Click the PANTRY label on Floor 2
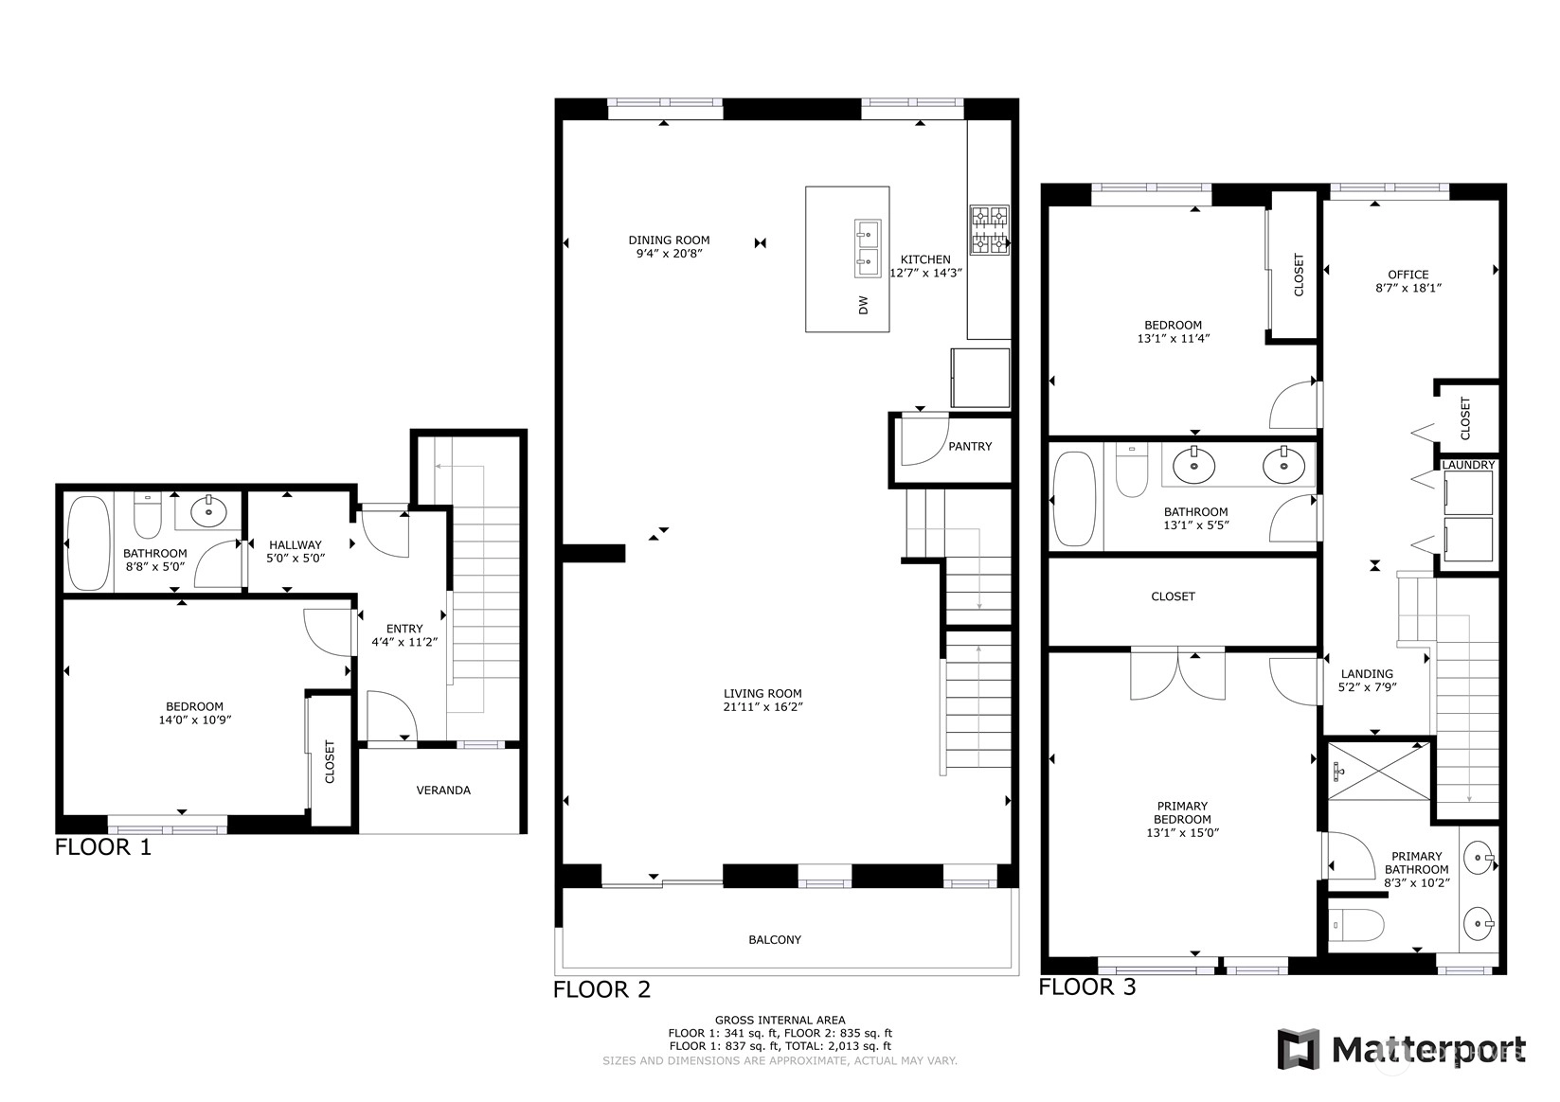pyautogui.click(x=969, y=447)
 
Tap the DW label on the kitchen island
pyautogui.click(x=864, y=305)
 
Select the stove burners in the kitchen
pyautogui.click(x=990, y=230)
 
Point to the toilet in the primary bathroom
pyautogui.click(x=1355, y=925)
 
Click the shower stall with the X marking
pyautogui.click(x=1379, y=771)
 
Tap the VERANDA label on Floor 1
pyautogui.click(x=443, y=791)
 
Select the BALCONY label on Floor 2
pyautogui.click(x=775, y=940)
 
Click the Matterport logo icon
pyautogui.click(x=1299, y=1049)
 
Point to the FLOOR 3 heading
pyautogui.click(x=1086, y=987)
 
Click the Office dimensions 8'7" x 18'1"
pyautogui.click(x=1408, y=288)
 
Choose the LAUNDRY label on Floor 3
pyautogui.click(x=1468, y=465)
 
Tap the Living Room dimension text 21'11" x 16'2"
pyautogui.click(x=762, y=707)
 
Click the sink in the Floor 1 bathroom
pyautogui.click(x=208, y=513)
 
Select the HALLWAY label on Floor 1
pyautogui.click(x=296, y=545)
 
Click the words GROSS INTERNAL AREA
pyautogui.click(x=780, y=1021)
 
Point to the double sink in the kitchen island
pyautogui.click(x=867, y=249)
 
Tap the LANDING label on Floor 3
pyautogui.click(x=1367, y=674)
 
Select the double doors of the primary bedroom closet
pyautogui.click(x=1177, y=674)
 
